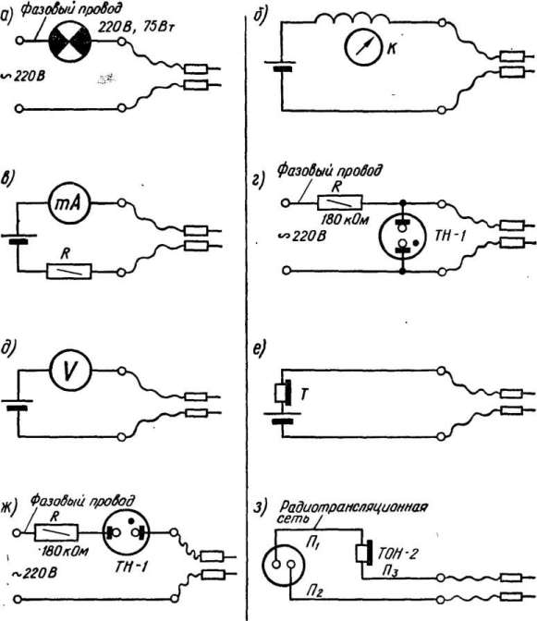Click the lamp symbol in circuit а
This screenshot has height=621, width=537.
click(69, 42)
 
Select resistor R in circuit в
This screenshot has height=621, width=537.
click(69, 272)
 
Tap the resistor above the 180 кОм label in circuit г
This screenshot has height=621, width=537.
click(340, 202)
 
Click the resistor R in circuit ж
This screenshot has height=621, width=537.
click(56, 532)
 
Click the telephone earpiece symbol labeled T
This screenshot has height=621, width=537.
click(283, 393)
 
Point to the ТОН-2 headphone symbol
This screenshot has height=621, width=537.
click(364, 553)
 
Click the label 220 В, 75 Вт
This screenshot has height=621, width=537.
click(136, 28)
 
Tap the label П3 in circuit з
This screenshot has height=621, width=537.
click(390, 571)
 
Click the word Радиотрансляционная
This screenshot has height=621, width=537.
click(354, 506)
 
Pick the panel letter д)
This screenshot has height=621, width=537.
click(7, 348)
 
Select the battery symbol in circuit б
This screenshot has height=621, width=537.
click(280, 66)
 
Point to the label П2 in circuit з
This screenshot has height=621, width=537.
click(314, 591)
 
